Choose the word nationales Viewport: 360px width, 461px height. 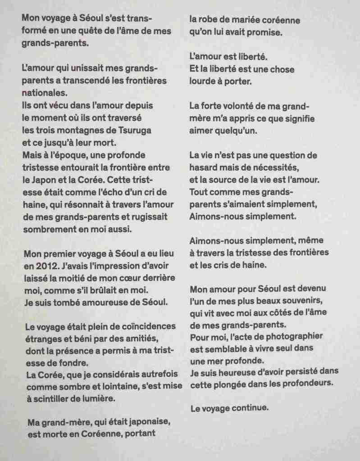point(45,94)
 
